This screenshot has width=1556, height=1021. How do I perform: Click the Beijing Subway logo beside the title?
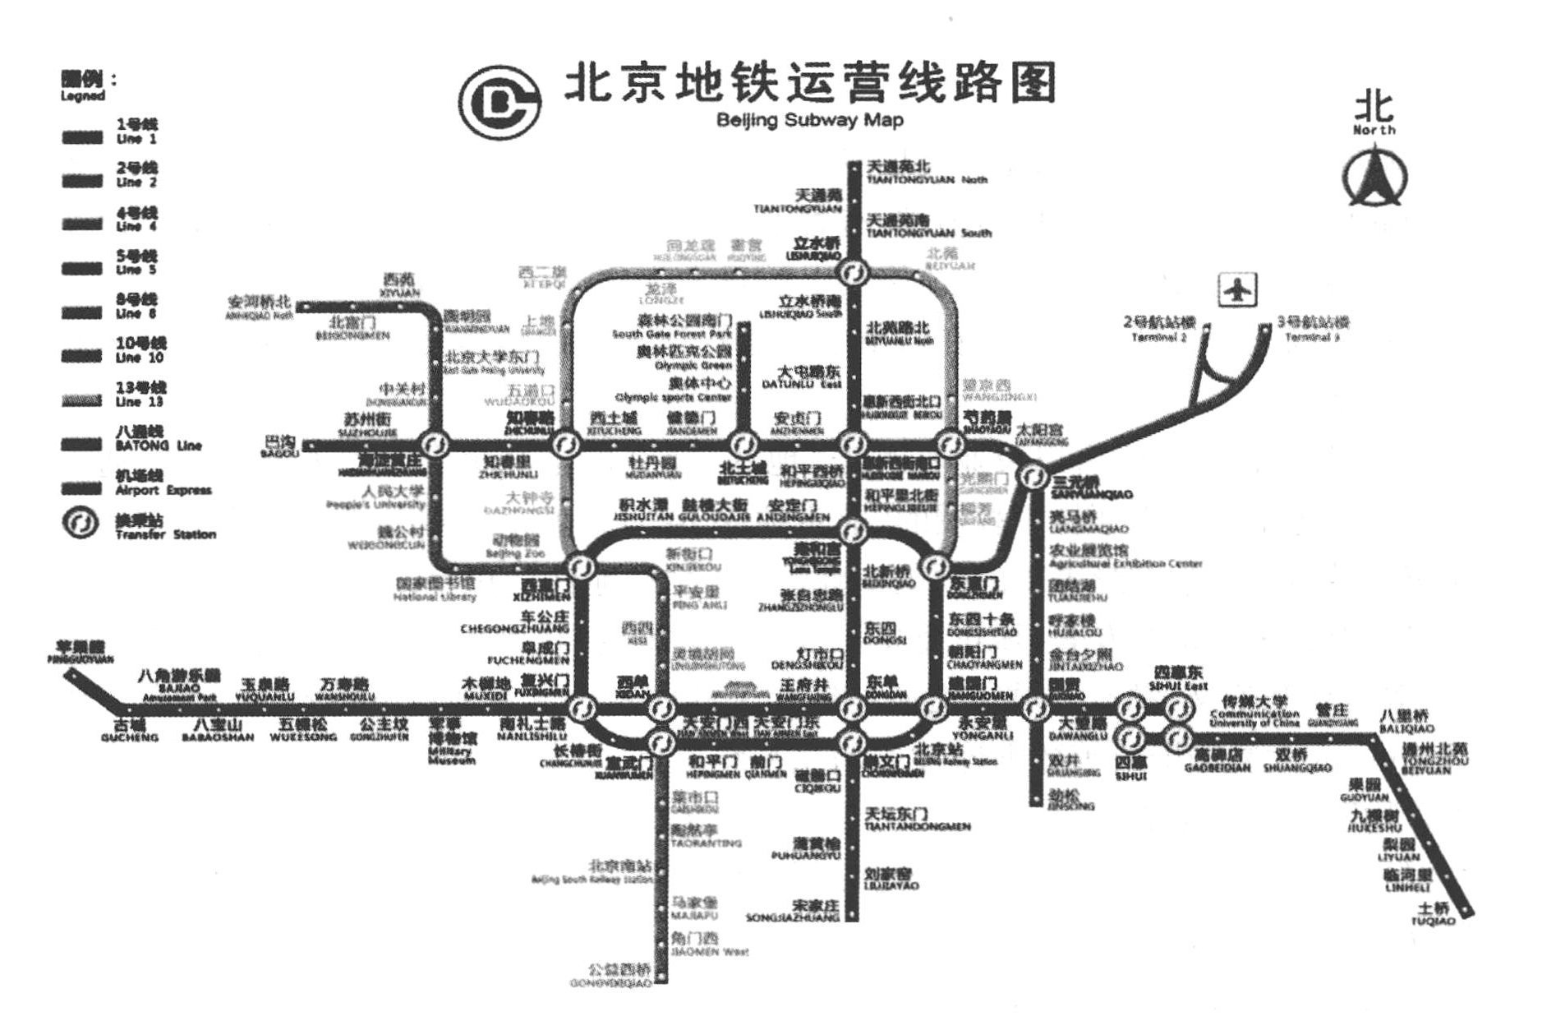[499, 103]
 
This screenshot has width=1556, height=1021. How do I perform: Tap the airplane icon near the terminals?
[1236, 290]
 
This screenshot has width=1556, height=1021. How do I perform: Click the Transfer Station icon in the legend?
[80, 524]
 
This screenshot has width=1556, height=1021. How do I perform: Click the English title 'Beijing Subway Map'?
[809, 120]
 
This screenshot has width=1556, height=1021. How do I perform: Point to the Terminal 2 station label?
[1158, 328]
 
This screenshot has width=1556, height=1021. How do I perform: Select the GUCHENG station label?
[129, 731]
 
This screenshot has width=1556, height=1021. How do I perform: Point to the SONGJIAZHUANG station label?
[793, 911]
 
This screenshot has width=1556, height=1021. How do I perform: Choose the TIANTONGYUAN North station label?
[926, 173]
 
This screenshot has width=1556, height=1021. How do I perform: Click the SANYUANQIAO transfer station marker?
[1033, 475]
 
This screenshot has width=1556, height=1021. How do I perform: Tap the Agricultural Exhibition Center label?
[1124, 557]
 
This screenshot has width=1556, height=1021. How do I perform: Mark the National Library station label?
[435, 589]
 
